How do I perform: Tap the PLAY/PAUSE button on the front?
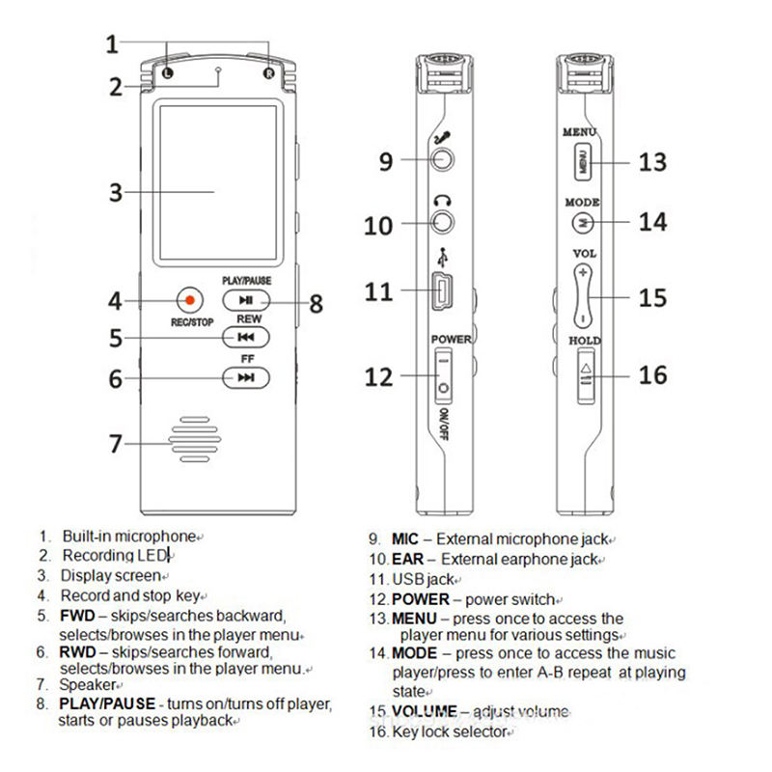tap(246, 300)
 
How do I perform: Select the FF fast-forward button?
tap(246, 377)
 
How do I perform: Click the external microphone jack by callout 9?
tap(443, 160)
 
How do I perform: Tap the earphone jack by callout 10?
tap(443, 221)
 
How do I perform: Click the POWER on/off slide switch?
tap(443, 374)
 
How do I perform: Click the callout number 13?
tap(653, 161)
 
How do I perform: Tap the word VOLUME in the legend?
tap(425, 712)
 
